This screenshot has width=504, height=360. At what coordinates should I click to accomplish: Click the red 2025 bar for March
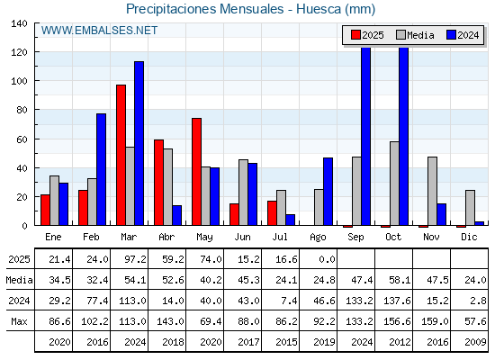click(x=121, y=155)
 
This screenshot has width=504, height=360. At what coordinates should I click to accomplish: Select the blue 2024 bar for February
click(x=101, y=169)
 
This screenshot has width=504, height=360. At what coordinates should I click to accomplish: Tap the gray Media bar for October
click(x=394, y=184)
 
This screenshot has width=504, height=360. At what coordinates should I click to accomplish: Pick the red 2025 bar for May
click(x=197, y=172)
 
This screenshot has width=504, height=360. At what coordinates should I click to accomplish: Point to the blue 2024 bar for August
click(x=328, y=192)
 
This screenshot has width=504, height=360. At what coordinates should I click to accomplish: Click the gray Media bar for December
click(x=470, y=208)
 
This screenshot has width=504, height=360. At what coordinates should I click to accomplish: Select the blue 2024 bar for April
click(x=176, y=215)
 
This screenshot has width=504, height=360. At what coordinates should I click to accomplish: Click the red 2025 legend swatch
click(x=355, y=35)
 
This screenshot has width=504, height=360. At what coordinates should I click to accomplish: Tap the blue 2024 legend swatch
click(x=451, y=35)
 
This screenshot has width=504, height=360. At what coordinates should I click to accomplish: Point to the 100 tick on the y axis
click(x=20, y=81)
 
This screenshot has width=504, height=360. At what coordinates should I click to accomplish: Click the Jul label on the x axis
click(x=280, y=237)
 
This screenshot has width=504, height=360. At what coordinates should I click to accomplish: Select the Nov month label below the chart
click(x=431, y=237)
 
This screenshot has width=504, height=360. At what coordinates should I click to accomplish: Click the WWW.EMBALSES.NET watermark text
click(x=99, y=31)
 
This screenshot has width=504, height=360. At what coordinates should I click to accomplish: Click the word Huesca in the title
click(x=319, y=9)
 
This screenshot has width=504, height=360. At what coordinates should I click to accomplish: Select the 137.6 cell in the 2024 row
click(x=397, y=301)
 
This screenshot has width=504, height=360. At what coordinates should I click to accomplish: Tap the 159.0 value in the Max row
click(x=435, y=321)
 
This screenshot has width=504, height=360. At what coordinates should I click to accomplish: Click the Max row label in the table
click(x=19, y=321)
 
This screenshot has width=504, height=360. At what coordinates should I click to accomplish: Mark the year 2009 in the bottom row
click(x=475, y=342)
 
